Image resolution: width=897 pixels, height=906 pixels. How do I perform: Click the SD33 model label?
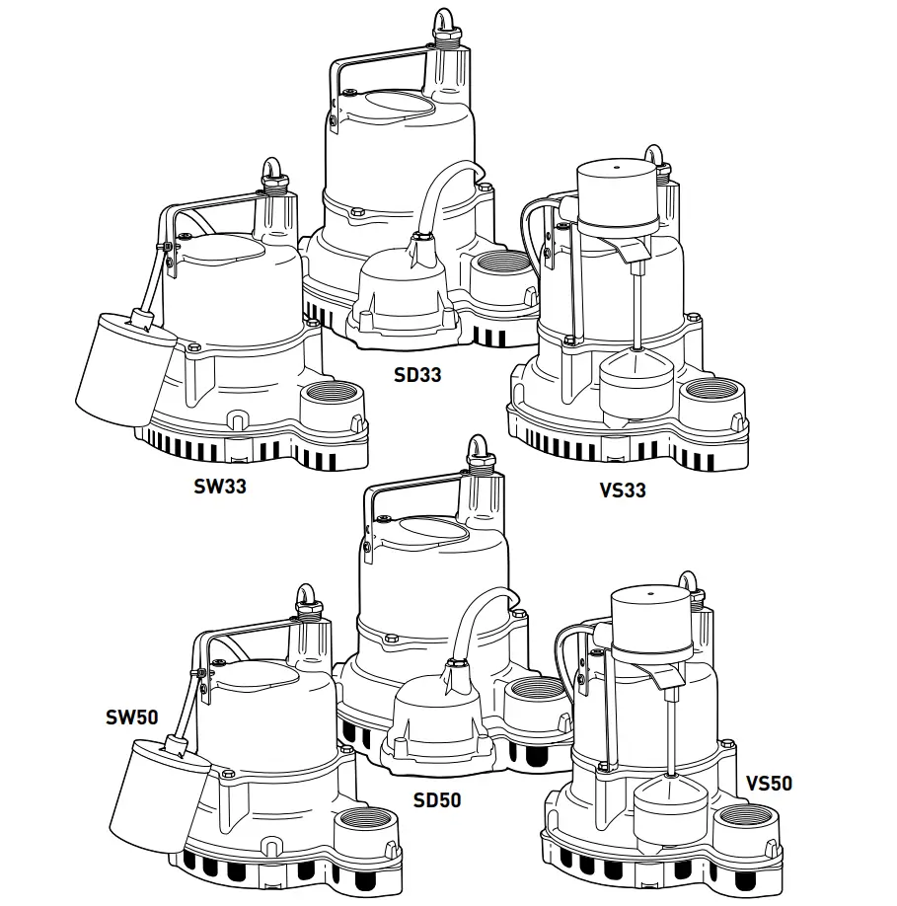[x=418, y=375]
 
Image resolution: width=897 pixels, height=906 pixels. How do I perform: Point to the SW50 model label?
[x=132, y=717]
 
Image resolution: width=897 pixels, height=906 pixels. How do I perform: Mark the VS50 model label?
[x=769, y=785]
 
